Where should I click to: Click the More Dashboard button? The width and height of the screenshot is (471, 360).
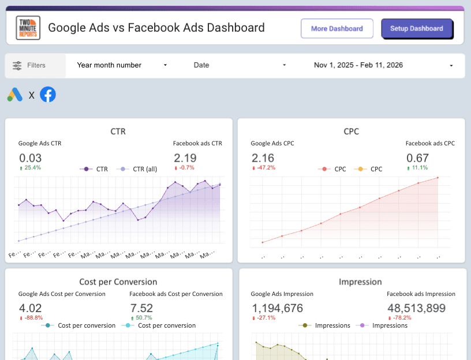(x=337, y=28)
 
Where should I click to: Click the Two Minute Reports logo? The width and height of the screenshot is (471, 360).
(x=28, y=28)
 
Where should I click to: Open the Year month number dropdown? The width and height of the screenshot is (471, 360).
(x=122, y=65)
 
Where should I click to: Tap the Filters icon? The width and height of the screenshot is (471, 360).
(x=17, y=65)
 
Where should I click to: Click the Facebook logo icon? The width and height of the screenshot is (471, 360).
(x=48, y=95)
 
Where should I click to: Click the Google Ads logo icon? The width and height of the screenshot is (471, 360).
(x=15, y=95)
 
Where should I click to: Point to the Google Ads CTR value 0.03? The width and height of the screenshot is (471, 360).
(x=31, y=158)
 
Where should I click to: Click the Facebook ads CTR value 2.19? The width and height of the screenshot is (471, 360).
(x=185, y=158)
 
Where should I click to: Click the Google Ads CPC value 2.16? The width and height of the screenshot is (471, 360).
(x=263, y=158)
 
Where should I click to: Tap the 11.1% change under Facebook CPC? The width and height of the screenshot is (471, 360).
(x=418, y=168)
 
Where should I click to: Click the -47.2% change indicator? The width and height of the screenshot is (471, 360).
(x=264, y=168)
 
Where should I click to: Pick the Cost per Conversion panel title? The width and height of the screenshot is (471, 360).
(x=118, y=282)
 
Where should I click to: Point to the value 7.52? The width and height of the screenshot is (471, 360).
(x=141, y=308)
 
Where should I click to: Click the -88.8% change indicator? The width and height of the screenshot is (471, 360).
(x=31, y=318)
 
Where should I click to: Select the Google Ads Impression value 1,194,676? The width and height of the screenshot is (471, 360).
(x=278, y=308)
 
